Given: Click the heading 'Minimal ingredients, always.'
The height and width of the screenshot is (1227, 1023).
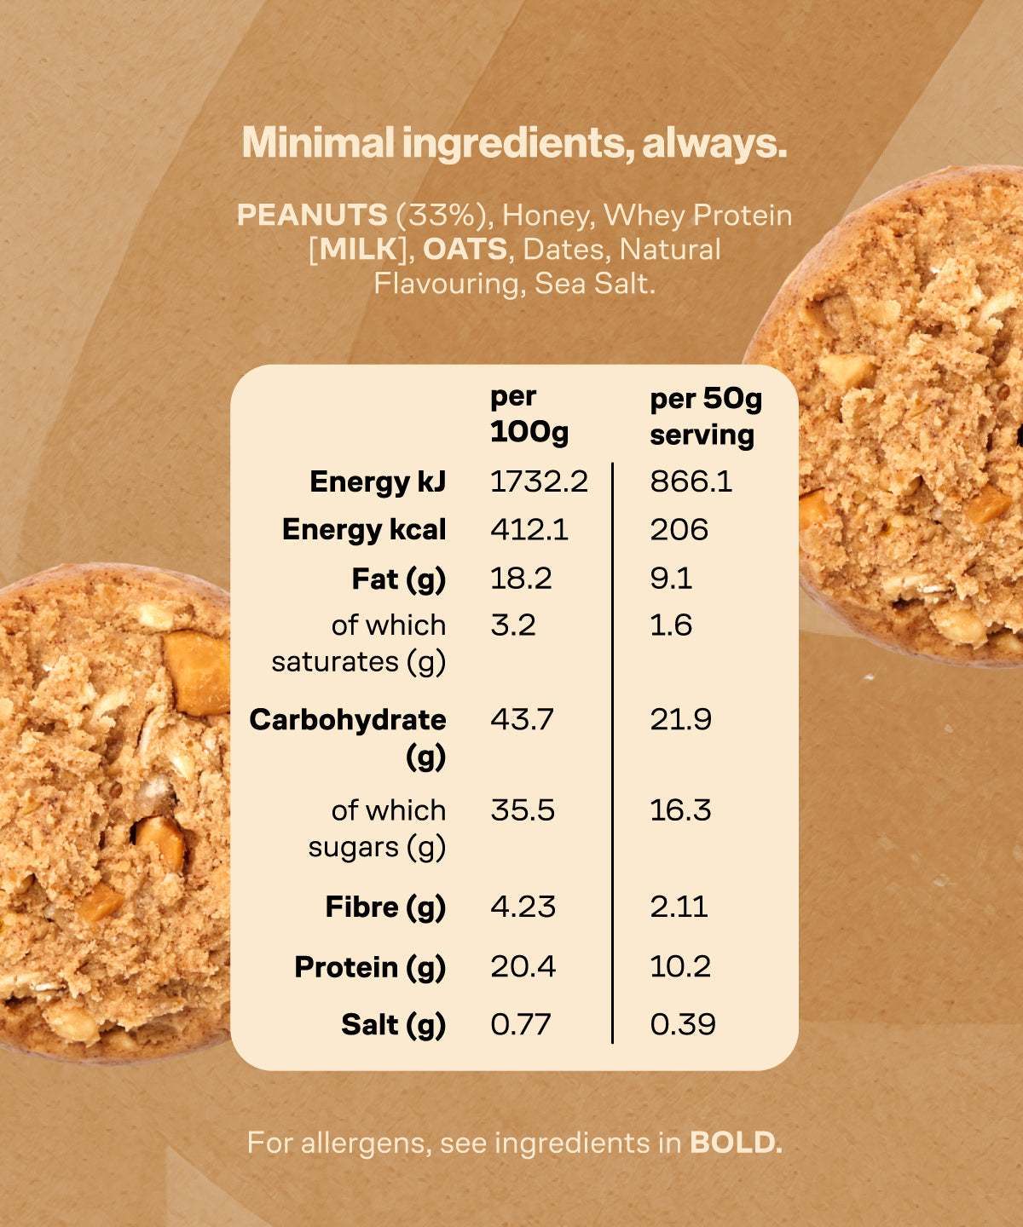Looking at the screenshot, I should tap(514, 143).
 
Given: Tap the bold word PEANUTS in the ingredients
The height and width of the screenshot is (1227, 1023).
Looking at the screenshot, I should tap(312, 215).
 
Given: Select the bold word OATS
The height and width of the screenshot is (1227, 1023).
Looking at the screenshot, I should tap(465, 249).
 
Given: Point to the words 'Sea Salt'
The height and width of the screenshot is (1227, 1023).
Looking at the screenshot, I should tap(594, 283).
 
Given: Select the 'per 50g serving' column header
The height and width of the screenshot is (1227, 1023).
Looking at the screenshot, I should tap(705, 416).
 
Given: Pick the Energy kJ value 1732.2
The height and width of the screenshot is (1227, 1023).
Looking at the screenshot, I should tap(539, 481).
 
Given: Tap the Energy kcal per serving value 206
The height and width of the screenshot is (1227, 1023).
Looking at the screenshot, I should tap(679, 530).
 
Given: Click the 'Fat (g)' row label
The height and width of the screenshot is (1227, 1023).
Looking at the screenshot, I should tap(398, 579).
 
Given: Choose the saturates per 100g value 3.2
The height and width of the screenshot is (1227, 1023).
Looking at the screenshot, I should tap(513, 625).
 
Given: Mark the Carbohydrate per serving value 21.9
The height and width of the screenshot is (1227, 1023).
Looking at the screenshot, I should tap(680, 719).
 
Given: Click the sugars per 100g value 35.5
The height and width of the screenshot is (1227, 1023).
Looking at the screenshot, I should tap(522, 809).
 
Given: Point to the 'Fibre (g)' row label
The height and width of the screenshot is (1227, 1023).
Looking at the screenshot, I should tap(385, 907).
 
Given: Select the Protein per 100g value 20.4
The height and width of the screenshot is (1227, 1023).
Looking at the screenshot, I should tap(523, 966).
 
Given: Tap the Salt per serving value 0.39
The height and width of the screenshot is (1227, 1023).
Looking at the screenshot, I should tap(682, 1024).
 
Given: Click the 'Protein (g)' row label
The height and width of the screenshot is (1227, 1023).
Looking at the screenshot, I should tap(370, 967).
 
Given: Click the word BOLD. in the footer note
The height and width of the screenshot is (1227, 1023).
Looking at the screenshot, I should tap(736, 1143).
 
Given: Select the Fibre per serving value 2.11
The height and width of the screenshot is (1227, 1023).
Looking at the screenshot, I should tap(679, 907).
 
